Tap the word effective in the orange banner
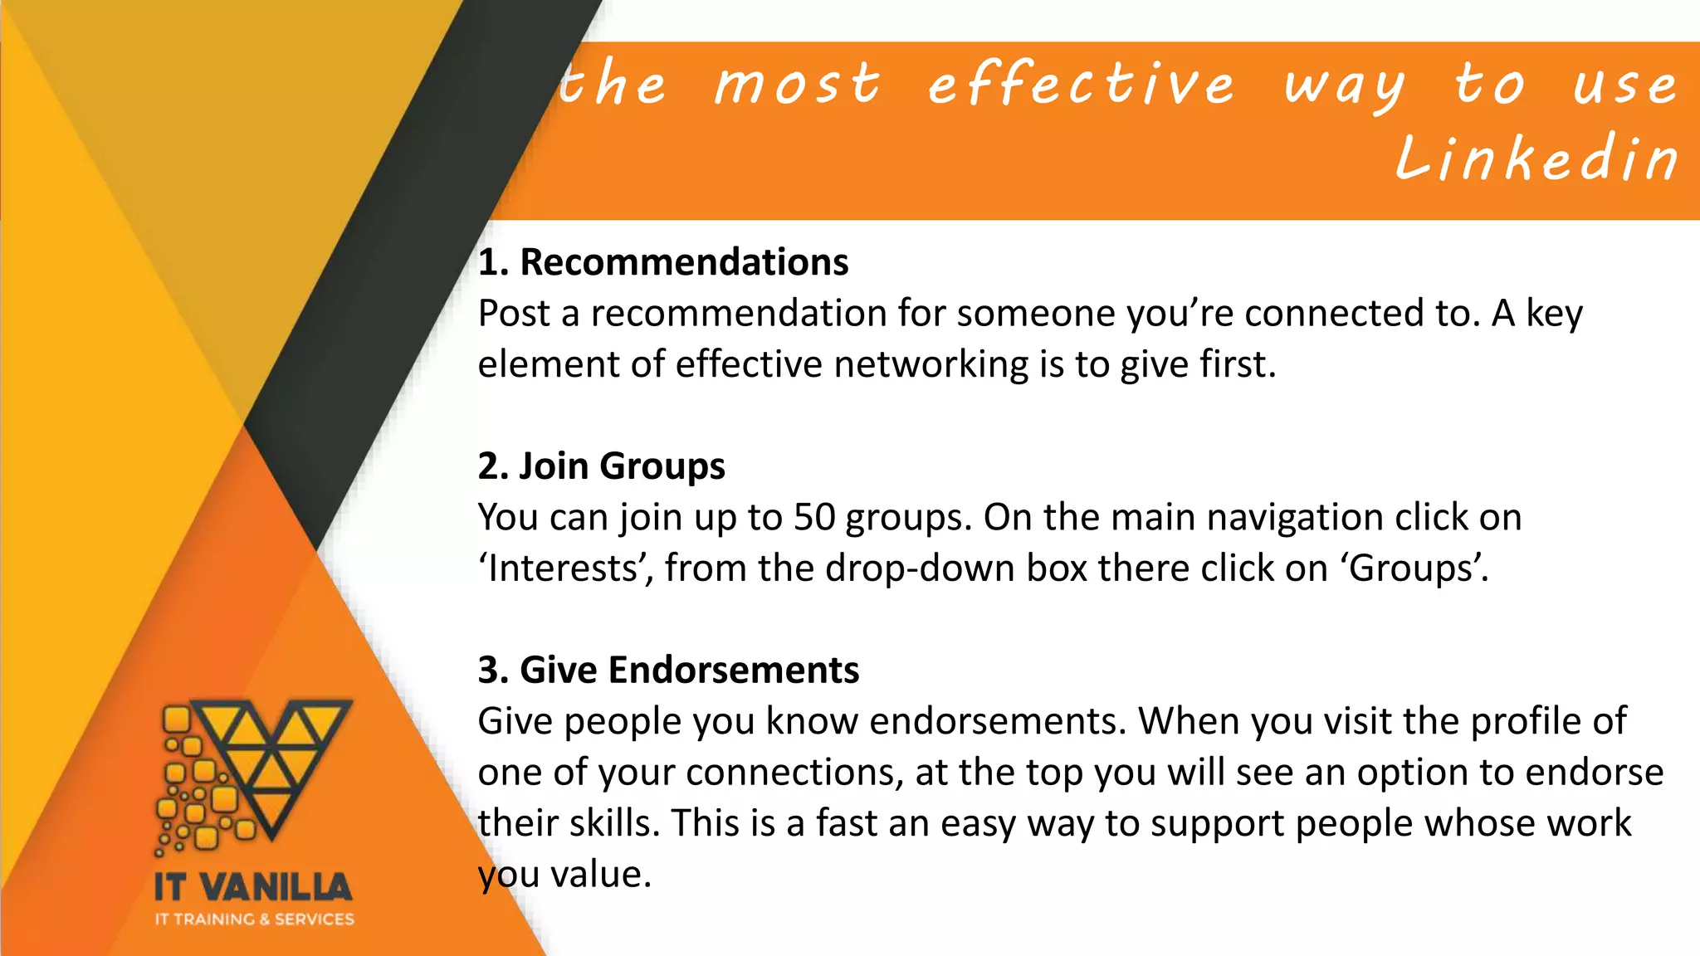tap(1081, 84)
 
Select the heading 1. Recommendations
tap(663, 262)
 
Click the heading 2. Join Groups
tap(601, 466)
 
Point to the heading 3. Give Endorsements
tap(668, 670)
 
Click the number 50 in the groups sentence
tap(814, 517)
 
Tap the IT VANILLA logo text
tap(253, 887)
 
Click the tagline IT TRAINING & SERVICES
tap(254, 919)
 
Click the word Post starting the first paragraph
tap(514, 314)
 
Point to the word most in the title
tap(796, 84)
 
